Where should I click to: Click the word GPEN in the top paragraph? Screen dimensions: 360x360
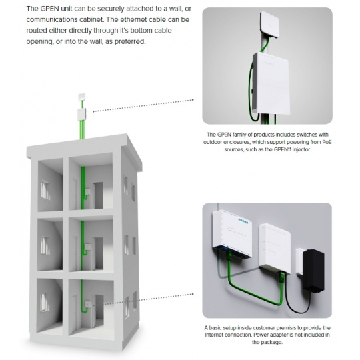pos(49,9)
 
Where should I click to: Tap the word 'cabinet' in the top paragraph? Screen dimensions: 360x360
pos(91,19)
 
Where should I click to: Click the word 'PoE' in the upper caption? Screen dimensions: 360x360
pos(327,142)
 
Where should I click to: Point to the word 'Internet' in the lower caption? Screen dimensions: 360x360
pos(213,335)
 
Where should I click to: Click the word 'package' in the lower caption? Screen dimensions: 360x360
pos(271,342)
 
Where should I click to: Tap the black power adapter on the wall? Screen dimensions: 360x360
pos(313,271)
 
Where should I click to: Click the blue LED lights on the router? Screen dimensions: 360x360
pos(243,221)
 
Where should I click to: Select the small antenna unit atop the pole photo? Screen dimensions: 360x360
pos(269,24)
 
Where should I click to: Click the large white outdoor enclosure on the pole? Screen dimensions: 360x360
pos(271,83)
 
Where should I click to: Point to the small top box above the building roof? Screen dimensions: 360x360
pos(82,97)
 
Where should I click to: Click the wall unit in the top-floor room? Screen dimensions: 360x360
pos(88,191)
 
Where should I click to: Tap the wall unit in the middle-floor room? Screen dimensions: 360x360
pos(87,247)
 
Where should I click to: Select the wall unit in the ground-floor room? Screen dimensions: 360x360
pos(87,305)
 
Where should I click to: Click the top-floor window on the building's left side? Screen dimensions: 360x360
pos(45,191)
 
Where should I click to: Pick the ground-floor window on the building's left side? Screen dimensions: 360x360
pos(45,303)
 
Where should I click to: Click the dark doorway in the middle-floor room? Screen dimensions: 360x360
pos(99,253)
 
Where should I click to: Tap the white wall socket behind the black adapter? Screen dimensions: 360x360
pos(300,262)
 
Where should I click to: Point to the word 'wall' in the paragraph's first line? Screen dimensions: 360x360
pos(175,9)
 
